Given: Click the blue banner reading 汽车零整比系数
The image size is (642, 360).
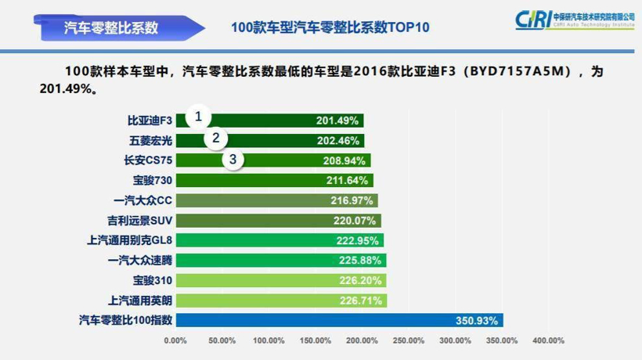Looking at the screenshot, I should pyautogui.click(x=111, y=27).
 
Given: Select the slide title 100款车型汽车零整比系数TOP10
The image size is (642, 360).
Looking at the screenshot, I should pyautogui.click(x=330, y=27).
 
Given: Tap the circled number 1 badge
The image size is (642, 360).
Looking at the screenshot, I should pyautogui.click(x=198, y=117).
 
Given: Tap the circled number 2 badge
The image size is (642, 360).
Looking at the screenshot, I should pyautogui.click(x=215, y=139).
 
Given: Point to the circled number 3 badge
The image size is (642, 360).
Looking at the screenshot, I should pyautogui.click(x=233, y=160).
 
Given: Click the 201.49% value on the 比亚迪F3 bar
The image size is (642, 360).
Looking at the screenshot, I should pyautogui.click(x=337, y=121).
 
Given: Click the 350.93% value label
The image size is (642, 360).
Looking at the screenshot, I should pyautogui.click(x=477, y=320).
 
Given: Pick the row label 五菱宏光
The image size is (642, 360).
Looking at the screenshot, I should pyautogui.click(x=150, y=141).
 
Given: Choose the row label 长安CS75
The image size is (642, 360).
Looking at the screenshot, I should pyautogui.click(x=149, y=160).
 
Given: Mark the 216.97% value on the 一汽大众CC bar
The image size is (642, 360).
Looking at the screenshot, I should pyautogui.click(x=352, y=200).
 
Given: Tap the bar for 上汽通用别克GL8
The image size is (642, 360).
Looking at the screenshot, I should pyautogui.click(x=279, y=240).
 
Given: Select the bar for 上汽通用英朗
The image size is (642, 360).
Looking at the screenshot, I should pyautogui.click(x=280, y=301).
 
